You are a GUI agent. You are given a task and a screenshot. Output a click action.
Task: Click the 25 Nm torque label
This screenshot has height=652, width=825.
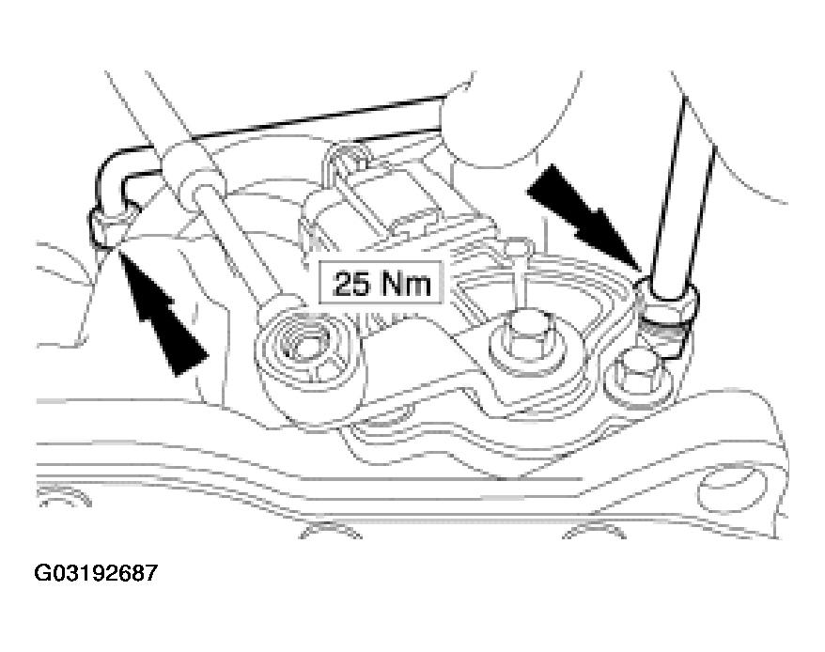(x=381, y=284)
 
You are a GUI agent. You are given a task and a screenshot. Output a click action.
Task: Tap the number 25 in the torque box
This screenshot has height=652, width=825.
(x=352, y=284)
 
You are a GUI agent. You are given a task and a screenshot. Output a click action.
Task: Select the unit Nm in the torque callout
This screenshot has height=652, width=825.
(x=406, y=284)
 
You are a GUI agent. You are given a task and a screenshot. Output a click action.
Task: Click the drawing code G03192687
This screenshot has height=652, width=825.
(x=96, y=573)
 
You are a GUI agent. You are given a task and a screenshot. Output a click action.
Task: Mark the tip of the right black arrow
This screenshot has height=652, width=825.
(x=642, y=272)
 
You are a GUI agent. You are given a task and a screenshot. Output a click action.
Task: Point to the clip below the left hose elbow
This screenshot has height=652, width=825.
(x=108, y=227)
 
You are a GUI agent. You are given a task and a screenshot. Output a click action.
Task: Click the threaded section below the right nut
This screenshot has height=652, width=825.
(x=664, y=336)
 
